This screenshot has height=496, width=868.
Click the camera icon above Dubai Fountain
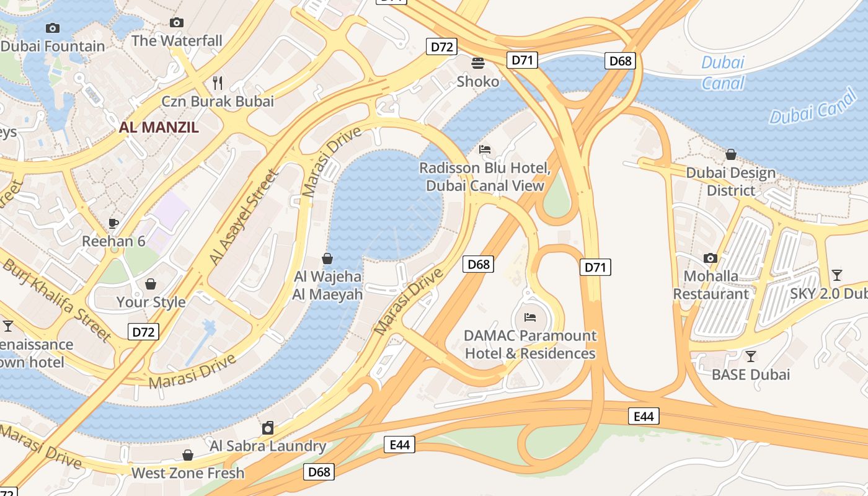(53, 28)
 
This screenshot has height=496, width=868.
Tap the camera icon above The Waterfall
(177, 23)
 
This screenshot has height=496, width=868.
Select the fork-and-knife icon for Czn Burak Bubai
(218, 82)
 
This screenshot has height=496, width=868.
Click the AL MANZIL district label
(159, 128)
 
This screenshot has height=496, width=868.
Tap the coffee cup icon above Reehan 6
(113, 223)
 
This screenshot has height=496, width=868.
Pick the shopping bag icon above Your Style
(151, 284)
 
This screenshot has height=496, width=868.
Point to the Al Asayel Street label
(242, 218)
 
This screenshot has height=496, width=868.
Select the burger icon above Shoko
(478, 63)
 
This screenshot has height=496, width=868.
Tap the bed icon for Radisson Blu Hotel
(485, 149)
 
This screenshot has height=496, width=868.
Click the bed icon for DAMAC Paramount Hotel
(530, 317)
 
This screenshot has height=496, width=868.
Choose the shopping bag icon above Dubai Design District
(731, 154)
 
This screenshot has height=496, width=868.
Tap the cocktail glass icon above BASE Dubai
(751, 356)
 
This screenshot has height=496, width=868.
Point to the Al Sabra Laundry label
(268, 446)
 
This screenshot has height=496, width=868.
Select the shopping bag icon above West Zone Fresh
(188, 455)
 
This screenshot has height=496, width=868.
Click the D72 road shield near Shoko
(441, 46)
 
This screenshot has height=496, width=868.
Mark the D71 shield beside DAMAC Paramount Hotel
(595, 267)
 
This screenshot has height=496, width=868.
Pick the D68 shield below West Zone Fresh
(319, 472)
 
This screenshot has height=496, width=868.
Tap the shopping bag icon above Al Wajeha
(327, 259)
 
